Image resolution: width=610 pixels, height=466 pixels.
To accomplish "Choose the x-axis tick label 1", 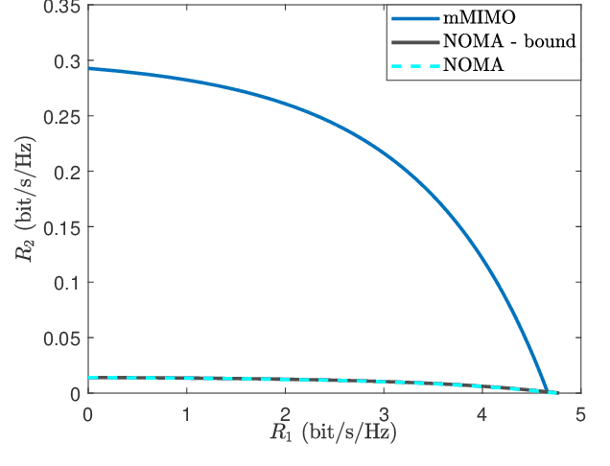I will [x=187, y=413].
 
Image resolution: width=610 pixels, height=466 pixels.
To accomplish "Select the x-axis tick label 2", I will [x=285, y=413].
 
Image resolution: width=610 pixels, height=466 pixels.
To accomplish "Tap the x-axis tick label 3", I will [x=384, y=413].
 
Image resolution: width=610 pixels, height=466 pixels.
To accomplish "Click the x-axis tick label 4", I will [x=481, y=413].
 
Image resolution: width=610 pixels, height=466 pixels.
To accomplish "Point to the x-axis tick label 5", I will [x=579, y=413].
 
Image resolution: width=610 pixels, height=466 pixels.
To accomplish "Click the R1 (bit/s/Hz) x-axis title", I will [x=333, y=433].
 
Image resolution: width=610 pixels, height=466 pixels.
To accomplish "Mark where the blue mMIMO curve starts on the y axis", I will [x=89, y=69].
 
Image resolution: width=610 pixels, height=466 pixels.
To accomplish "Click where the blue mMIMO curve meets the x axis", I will [x=548, y=392].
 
